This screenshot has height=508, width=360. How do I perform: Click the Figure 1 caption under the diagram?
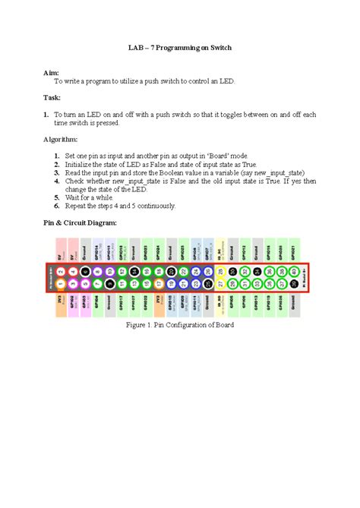point(179,325)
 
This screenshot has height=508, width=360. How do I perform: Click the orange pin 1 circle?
point(60,283)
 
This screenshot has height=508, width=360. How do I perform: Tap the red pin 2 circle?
point(60,271)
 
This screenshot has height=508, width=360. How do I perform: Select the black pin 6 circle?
point(85,271)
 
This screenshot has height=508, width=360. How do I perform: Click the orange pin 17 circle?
point(159,283)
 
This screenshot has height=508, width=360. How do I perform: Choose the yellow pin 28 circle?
point(221,271)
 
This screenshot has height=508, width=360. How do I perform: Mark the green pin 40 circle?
point(295,271)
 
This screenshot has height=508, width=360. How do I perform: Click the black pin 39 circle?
point(295,283)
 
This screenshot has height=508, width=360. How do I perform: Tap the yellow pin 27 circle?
point(221,283)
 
